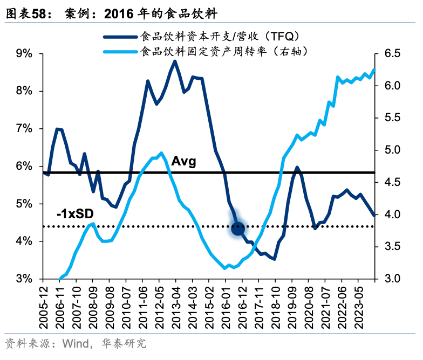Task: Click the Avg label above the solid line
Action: [183, 161]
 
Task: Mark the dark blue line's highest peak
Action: [174, 61]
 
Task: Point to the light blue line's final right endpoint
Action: [374, 70]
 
